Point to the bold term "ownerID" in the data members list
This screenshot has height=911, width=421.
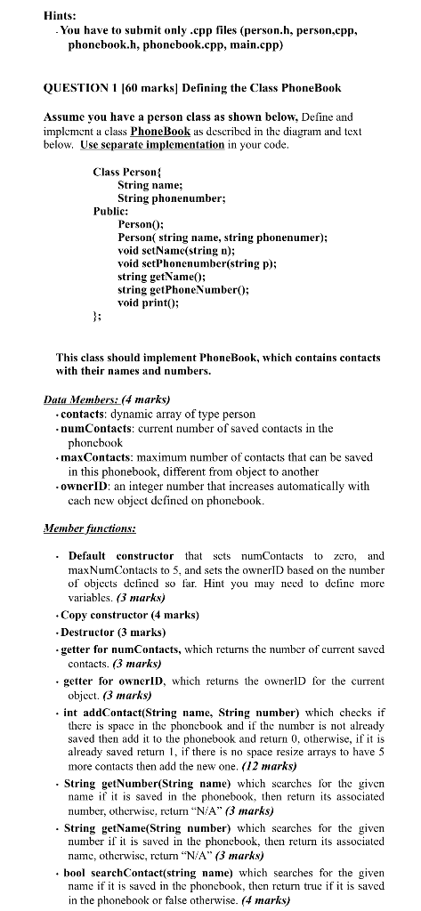(x=85, y=487)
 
